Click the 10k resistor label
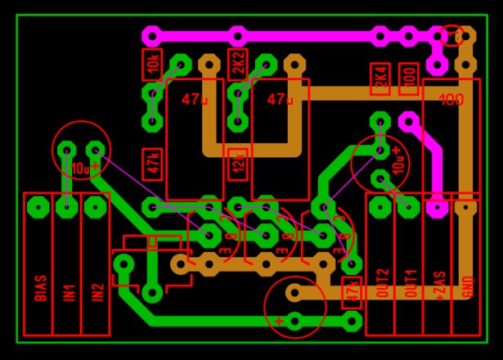click(151, 63)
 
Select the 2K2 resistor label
click(238, 63)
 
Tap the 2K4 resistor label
click(380, 79)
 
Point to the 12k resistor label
click(238, 164)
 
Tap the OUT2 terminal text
click(380, 283)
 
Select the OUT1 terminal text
click(409, 283)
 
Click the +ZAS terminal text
click(438, 283)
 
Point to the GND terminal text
click(467, 283)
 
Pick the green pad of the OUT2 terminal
click(380, 206)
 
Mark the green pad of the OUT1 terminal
click(409, 206)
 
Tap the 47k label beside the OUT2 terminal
click(352, 291)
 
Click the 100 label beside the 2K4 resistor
click(409, 79)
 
